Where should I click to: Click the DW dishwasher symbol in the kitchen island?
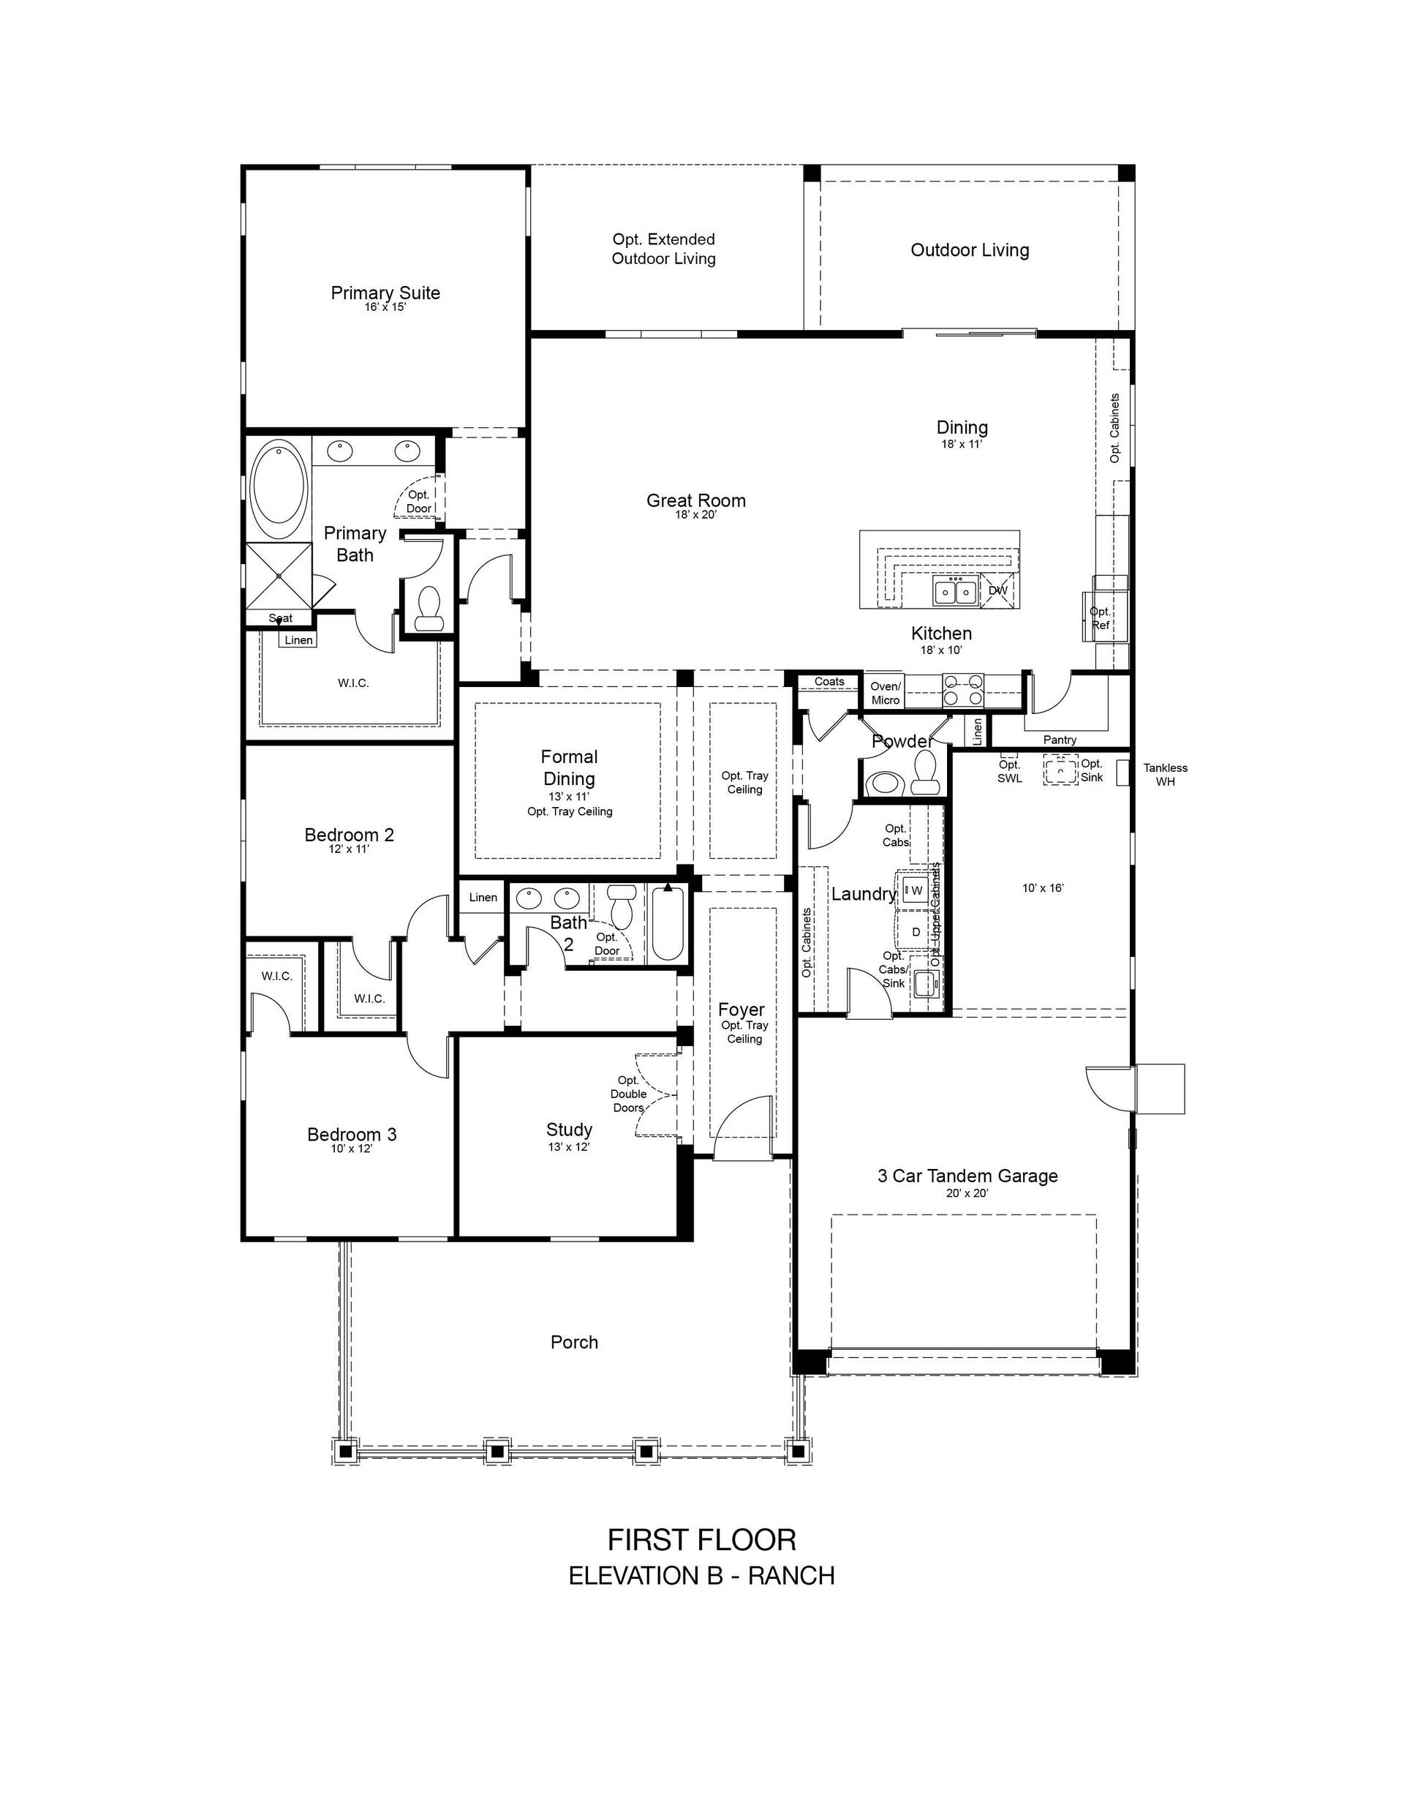coord(998,590)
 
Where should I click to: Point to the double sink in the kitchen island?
coord(956,591)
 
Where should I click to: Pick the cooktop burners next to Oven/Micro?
coord(963,690)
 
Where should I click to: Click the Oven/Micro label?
coord(886,693)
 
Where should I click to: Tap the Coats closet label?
coord(829,681)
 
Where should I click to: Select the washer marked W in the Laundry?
coord(916,890)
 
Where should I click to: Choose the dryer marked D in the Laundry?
coord(916,931)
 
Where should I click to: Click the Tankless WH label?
coord(1165,774)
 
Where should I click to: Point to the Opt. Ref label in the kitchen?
coord(1101,617)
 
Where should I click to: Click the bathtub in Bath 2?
coord(668,924)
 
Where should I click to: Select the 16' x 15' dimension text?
coord(385,307)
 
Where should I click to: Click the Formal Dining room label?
coord(569,767)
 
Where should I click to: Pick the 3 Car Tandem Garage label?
coord(967,1176)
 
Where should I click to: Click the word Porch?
coord(574,1342)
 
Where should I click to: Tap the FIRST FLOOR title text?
coord(701,1539)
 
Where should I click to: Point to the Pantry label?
coord(1060,739)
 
